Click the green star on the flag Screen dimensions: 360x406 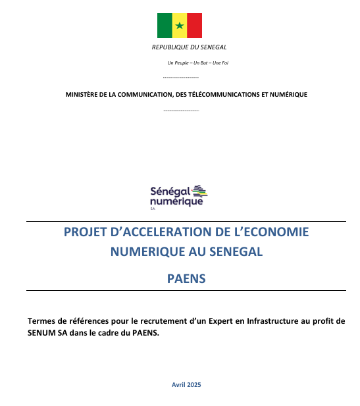coord(180,26)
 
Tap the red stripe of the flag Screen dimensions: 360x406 coord(194,26)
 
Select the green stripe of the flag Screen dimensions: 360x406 coord(165,26)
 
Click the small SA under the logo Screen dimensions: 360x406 coord(153,208)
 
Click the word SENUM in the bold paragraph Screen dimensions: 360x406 coord(42,332)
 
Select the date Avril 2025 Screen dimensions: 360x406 coord(186,384)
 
